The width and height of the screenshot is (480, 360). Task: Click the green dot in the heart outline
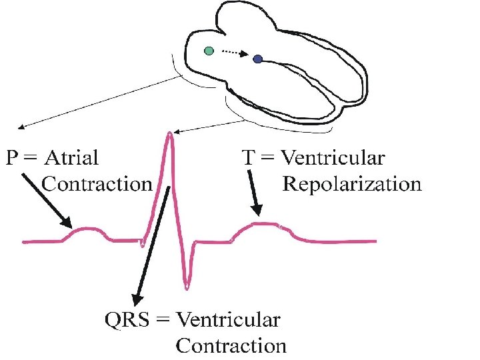click(x=209, y=51)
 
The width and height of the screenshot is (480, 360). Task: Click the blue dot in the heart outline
click(x=257, y=60)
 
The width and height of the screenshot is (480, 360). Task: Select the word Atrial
click(x=73, y=158)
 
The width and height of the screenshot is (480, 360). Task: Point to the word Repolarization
click(x=352, y=183)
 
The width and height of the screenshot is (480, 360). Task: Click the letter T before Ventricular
click(x=247, y=158)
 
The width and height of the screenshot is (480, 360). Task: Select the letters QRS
click(x=126, y=320)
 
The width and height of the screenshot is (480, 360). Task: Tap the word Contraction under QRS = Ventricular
click(x=231, y=346)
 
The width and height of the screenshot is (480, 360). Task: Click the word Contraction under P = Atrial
click(x=97, y=183)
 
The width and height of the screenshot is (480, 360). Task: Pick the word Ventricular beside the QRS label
click(x=227, y=320)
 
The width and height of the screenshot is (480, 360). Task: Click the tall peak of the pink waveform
click(x=170, y=135)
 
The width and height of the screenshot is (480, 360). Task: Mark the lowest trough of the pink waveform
click(x=187, y=287)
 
